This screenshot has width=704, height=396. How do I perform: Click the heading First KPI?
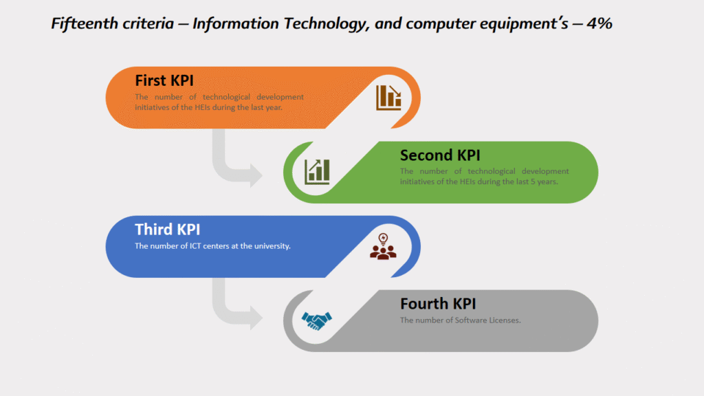(164, 80)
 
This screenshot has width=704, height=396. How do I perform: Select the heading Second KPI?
(440, 155)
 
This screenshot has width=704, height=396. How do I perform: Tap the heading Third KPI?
(168, 230)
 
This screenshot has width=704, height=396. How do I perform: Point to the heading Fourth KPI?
(438, 303)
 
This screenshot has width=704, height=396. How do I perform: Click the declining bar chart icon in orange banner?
(389, 98)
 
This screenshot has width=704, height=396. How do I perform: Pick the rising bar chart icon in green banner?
(317, 171)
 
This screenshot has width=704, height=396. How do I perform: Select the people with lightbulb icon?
(383, 247)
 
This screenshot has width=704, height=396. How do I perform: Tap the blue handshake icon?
(316, 321)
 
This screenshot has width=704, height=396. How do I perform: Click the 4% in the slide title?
(599, 23)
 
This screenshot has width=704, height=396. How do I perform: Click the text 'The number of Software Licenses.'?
(460, 320)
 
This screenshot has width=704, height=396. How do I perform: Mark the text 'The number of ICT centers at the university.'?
(213, 246)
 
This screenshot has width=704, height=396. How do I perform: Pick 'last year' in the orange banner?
(266, 107)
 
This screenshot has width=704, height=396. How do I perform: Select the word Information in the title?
(236, 23)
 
